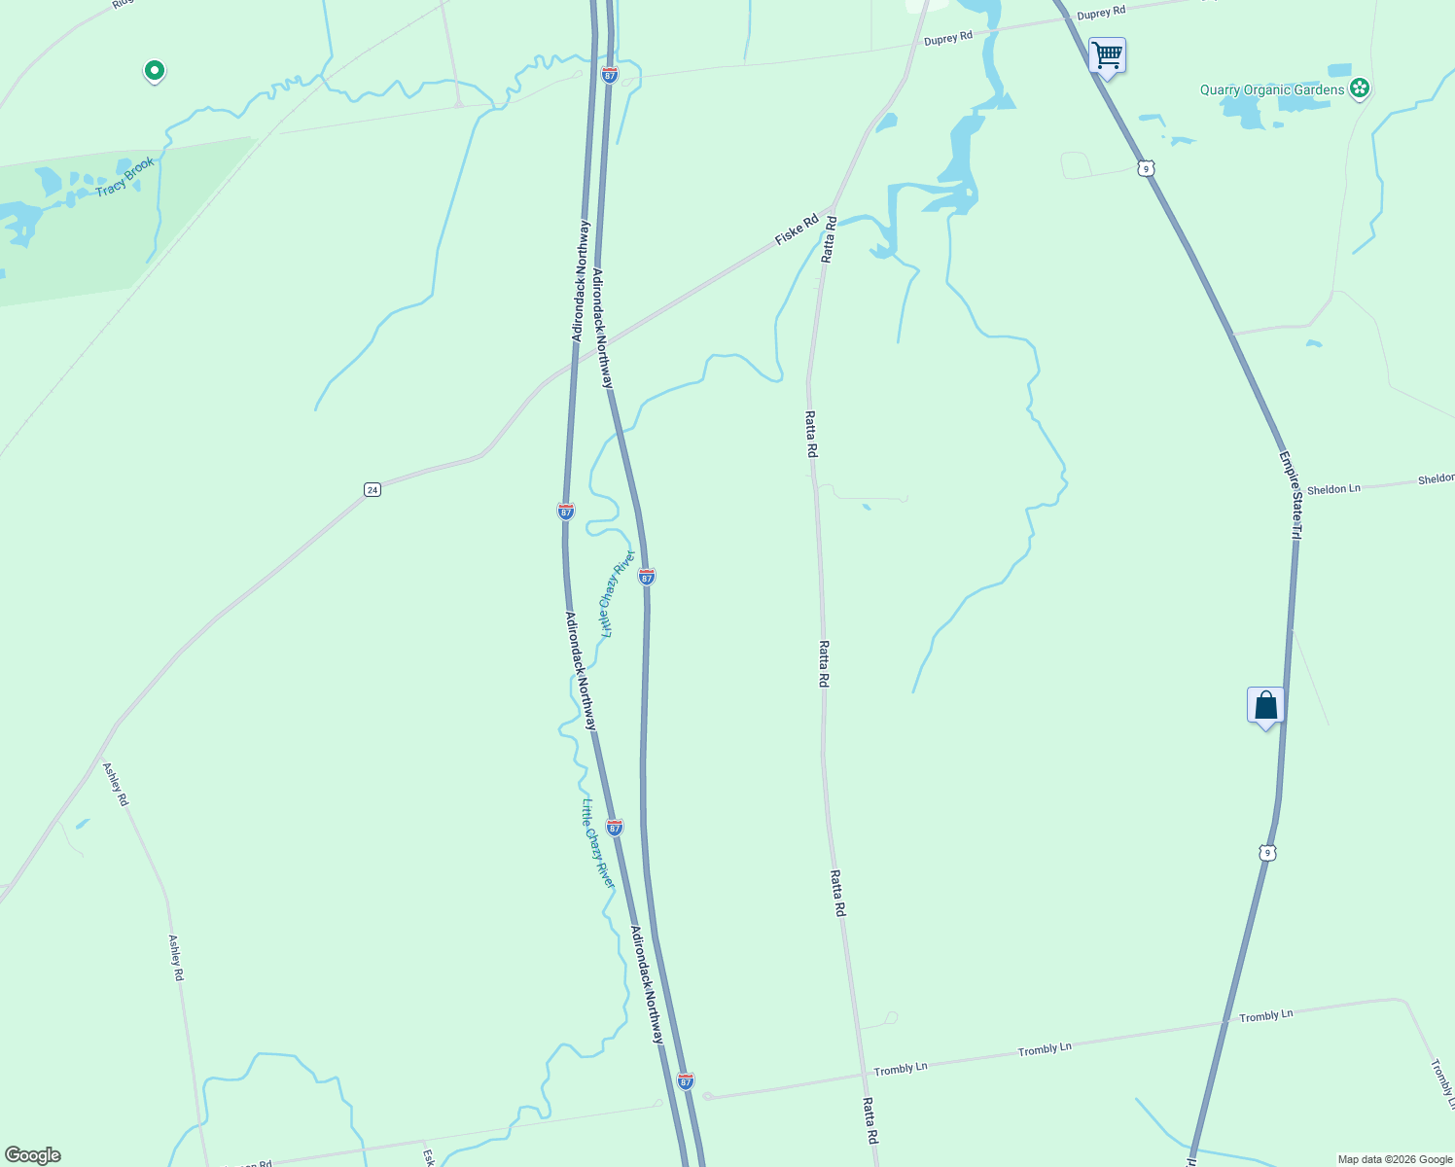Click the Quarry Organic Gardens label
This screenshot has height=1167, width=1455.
[x=1271, y=90]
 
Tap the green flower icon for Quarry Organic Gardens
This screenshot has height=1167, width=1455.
[x=1360, y=89]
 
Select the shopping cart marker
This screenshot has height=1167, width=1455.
[x=1107, y=56]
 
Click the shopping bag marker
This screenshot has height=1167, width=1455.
[x=1265, y=705]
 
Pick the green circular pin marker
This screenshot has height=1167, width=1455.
[x=154, y=70]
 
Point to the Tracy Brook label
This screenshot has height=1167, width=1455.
[x=124, y=177]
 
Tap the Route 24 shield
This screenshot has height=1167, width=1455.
[x=372, y=489]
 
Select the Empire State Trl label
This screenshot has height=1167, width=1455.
[x=1290, y=495]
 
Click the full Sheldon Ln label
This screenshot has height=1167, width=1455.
[x=1333, y=489]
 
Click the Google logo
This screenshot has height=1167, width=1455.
[x=32, y=1155]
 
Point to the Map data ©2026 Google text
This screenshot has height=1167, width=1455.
[x=1395, y=1159]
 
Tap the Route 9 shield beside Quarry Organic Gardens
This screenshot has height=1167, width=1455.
[x=1147, y=169]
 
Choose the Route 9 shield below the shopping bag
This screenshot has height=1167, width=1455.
[x=1265, y=853]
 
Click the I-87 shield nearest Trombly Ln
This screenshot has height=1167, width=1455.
[x=686, y=1081]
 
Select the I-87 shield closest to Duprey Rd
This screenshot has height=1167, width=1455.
[x=609, y=75]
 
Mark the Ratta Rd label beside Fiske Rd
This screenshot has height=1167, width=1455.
[x=829, y=239]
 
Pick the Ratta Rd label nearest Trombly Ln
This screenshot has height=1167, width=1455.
[x=870, y=1120]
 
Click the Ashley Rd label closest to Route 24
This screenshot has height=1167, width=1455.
[x=116, y=784]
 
